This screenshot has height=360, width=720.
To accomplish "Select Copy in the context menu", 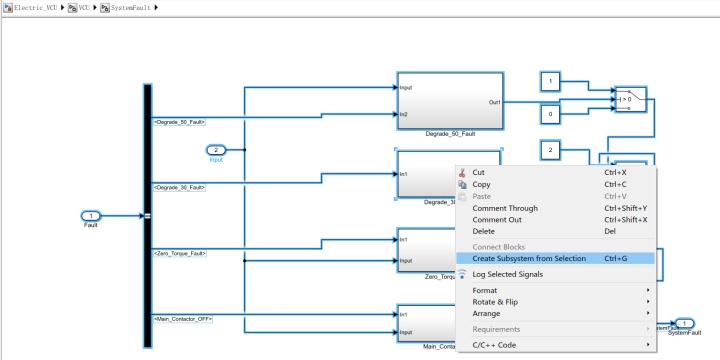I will [x=481, y=184].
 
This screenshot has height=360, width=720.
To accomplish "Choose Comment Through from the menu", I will [x=505, y=208].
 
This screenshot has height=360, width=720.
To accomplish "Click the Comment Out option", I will [x=497, y=220].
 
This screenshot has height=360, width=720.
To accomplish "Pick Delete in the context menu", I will [x=484, y=231].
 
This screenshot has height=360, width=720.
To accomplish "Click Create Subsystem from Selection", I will [x=529, y=258].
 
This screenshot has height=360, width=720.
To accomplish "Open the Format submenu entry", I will [x=485, y=291].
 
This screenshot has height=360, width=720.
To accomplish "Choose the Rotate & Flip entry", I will [x=495, y=302].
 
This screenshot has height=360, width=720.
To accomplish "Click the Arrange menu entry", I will [x=486, y=313].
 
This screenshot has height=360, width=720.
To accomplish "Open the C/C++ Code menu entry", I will [x=494, y=345].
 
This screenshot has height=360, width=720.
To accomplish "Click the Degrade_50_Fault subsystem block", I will [x=449, y=100].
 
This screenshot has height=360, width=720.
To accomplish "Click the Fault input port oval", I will [x=91, y=215].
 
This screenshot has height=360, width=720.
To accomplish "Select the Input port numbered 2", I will [x=216, y=150].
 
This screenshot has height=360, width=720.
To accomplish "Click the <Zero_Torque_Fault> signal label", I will [x=180, y=253].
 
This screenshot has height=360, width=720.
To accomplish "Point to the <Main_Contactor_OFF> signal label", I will [x=183, y=318].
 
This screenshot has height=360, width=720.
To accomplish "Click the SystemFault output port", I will [x=683, y=323].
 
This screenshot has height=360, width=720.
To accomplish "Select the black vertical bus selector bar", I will [x=148, y=215].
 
